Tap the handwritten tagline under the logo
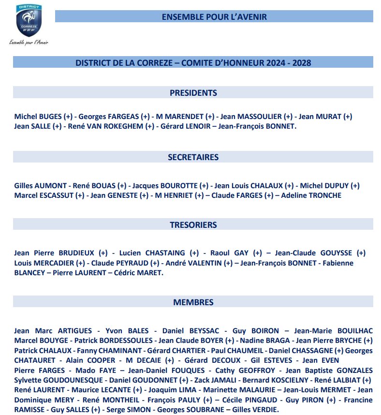pyautogui.click(x=29, y=42)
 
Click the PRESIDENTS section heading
pyautogui.click(x=193, y=93)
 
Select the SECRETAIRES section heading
pyautogui.click(x=193, y=157)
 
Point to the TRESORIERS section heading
pyautogui.click(x=193, y=225)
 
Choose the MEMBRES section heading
pyautogui.click(x=193, y=302)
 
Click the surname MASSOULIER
pyautogui.click(x=261, y=117)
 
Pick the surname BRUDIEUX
pyautogui.click(x=76, y=253)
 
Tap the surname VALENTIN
pyautogui.click(x=204, y=263)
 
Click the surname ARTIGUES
pyautogui.click(x=74, y=331)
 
